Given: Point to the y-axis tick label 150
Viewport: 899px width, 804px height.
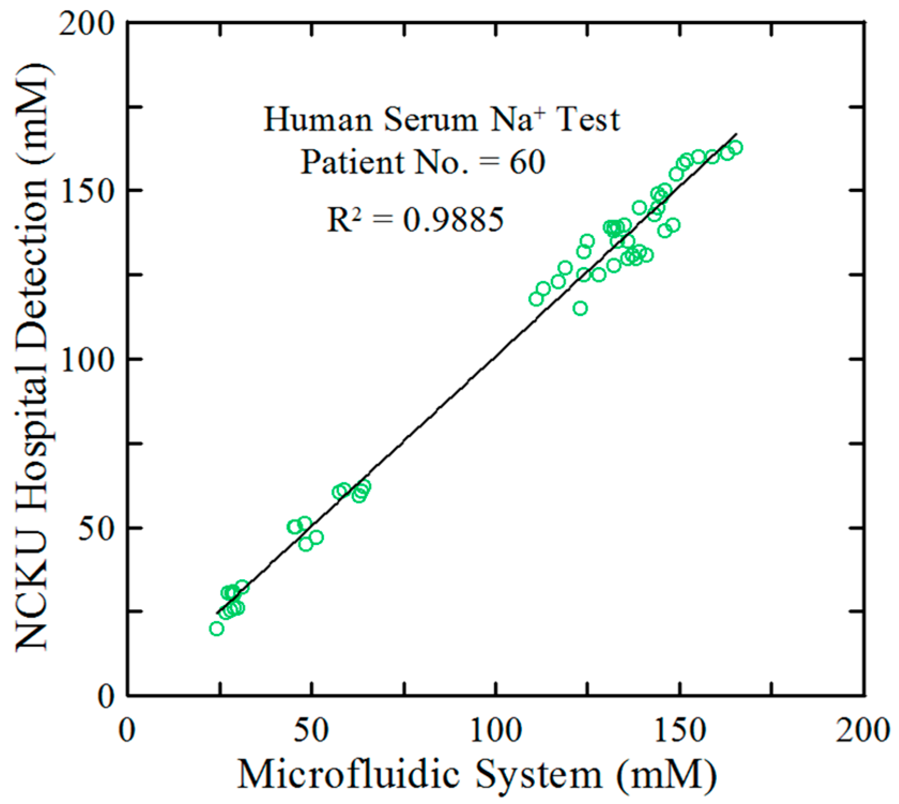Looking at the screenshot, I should [x=87, y=191].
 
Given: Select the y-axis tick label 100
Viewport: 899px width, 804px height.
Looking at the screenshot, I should [x=87, y=359].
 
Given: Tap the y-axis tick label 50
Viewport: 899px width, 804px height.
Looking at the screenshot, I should [x=98, y=528].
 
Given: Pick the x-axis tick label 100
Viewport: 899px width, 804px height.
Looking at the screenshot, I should [x=495, y=730].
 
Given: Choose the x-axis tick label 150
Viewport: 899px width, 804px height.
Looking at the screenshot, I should [x=679, y=730].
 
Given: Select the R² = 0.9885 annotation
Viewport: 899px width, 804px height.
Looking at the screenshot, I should [x=415, y=219].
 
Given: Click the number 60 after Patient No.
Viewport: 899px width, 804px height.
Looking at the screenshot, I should [x=527, y=162].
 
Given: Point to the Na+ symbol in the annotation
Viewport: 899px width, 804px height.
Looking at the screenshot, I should [x=513, y=119].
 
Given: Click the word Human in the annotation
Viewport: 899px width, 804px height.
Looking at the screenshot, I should [x=318, y=119].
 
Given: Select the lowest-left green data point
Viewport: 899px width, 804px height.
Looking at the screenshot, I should [x=217, y=629].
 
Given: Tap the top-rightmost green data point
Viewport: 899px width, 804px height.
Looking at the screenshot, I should [x=736, y=148].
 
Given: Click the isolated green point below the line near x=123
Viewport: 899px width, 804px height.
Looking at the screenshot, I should [x=580, y=308].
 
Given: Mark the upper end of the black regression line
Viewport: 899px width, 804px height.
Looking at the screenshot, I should [x=736, y=134].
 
